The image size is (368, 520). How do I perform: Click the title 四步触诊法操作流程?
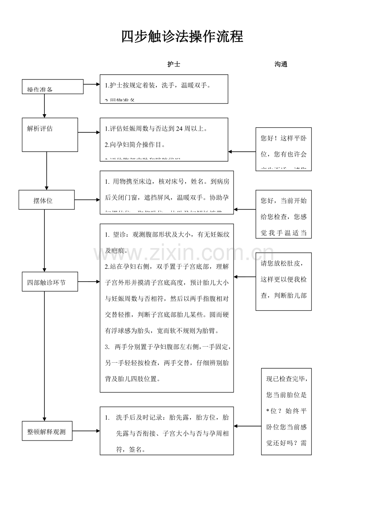[182, 37]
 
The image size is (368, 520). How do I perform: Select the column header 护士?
[174, 64]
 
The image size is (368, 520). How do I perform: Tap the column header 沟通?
[281, 64]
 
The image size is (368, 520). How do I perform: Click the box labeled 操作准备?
[53, 87]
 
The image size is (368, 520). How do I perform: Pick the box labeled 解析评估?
[50, 135]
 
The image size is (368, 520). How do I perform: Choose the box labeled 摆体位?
[46, 200]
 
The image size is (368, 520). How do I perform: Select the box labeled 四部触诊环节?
[50, 282]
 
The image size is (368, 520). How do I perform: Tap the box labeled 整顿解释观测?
[47, 431]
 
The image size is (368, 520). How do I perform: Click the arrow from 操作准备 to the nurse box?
[92, 84]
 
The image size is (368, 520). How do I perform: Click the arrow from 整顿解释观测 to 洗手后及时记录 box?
[86, 431]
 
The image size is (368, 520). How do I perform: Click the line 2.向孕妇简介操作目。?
[135, 145]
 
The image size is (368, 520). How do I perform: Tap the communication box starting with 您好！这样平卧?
[284, 149]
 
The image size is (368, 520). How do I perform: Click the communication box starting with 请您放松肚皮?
[284, 281]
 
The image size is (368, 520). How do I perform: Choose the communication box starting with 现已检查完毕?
[286, 411]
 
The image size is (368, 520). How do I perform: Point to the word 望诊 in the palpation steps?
[119, 234]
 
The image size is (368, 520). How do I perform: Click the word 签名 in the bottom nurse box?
[135, 449]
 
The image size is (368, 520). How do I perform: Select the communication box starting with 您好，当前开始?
[284, 214]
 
